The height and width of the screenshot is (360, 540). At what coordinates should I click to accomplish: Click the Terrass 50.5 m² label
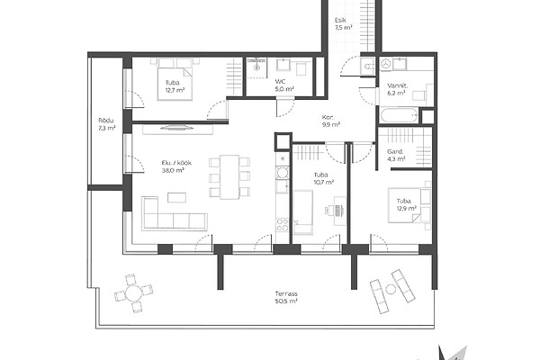tap(286, 297)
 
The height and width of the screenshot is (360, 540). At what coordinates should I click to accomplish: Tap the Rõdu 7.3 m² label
tap(107, 124)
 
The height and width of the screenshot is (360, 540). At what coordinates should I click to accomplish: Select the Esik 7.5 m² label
tap(344, 24)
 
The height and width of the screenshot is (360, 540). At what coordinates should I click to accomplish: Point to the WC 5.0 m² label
tap(284, 85)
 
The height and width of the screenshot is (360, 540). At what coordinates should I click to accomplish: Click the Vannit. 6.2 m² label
tap(397, 89)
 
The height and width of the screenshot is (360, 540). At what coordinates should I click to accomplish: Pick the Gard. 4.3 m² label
tap(396, 155)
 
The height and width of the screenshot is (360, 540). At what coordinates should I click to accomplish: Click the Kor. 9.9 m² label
tap(331, 121)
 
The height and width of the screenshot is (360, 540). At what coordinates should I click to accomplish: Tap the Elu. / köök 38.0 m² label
tap(176, 166)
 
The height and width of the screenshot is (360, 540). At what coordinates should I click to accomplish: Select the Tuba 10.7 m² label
tap(324, 178)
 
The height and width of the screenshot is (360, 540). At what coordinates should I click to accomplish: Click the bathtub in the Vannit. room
tap(399, 116)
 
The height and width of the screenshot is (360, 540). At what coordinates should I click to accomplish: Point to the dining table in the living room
tap(229, 177)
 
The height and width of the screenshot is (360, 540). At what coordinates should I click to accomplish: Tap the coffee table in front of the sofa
tap(177, 197)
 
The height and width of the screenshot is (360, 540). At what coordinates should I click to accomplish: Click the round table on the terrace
tap(133, 293)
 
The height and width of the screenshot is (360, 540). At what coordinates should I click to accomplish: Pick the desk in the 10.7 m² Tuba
tap(339, 211)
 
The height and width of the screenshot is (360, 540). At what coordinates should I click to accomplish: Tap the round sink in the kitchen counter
tap(283, 172)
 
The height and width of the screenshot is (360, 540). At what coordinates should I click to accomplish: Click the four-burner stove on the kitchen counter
tap(283, 225)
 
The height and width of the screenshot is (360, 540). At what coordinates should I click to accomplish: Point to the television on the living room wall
tap(177, 127)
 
